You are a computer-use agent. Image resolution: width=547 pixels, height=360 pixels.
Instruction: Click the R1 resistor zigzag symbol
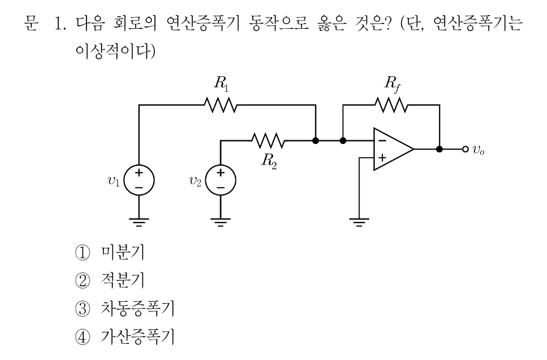click(x=220, y=105)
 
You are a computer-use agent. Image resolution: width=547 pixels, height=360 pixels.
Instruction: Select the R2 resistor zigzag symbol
click(x=268, y=140)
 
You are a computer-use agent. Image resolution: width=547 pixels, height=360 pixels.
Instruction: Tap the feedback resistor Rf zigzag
click(x=391, y=105)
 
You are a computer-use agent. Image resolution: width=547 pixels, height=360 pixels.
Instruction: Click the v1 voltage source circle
click(x=139, y=180)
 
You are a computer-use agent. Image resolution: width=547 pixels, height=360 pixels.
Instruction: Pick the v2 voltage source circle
click(x=220, y=180)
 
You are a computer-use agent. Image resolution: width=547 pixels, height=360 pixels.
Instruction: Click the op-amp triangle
click(x=393, y=149)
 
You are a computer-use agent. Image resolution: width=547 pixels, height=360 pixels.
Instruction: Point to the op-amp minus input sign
click(x=382, y=141)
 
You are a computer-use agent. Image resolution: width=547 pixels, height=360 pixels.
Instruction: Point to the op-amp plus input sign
click(x=382, y=158)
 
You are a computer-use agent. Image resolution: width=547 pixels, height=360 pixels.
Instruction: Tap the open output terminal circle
click(x=465, y=149)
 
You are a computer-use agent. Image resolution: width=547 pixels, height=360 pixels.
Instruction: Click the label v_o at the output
click(x=479, y=150)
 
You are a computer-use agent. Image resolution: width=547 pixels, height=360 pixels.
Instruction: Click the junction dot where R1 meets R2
click(x=316, y=140)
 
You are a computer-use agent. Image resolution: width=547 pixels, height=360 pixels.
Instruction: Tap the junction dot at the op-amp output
click(x=440, y=149)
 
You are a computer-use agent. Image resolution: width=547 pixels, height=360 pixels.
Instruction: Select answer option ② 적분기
click(x=110, y=280)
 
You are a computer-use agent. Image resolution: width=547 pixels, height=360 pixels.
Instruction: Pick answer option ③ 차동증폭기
click(x=124, y=309)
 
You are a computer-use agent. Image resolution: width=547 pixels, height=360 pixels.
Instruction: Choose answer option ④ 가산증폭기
click(x=124, y=337)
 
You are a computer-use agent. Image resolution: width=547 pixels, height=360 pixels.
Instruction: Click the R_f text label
click(x=392, y=85)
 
